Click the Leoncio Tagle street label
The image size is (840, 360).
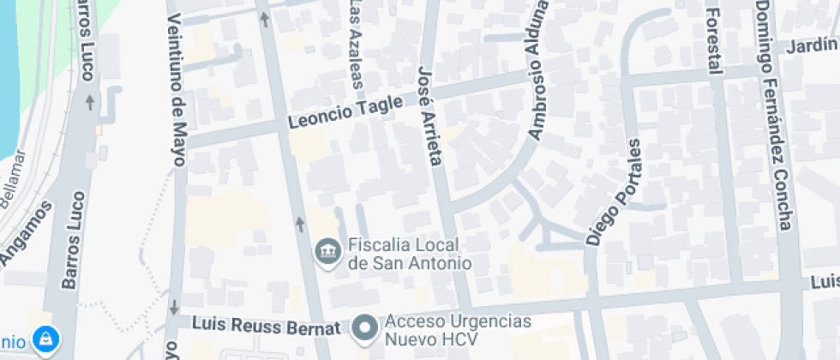[x=345, y=113]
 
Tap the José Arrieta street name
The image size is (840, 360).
[x=429, y=115]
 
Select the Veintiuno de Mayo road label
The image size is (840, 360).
[x=177, y=76]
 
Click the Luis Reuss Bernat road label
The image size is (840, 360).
[x=261, y=325]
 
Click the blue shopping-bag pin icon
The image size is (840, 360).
[x=45, y=339]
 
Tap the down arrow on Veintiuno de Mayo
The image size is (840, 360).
[x=174, y=307]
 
